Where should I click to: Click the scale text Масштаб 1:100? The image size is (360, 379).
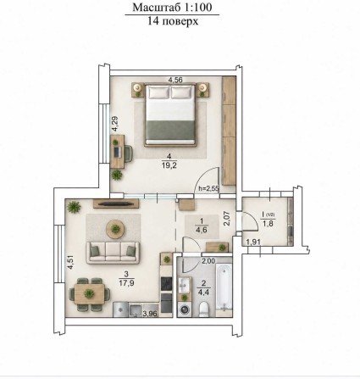pyautogui.click(x=172, y=8)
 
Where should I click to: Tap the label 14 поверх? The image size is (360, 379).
pyautogui.click(x=173, y=21)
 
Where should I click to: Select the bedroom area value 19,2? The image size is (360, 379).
pyautogui.click(x=169, y=165)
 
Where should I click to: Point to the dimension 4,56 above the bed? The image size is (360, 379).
pyautogui.click(x=175, y=80)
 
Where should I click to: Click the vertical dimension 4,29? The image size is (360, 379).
pyautogui.click(x=114, y=124)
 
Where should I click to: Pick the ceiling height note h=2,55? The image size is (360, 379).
pyautogui.click(x=208, y=188)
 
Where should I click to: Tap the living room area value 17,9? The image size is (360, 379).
pyautogui.click(x=126, y=282)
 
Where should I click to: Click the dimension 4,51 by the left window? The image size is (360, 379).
pyautogui.click(x=70, y=262)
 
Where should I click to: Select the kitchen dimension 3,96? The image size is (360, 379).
pyautogui.click(x=150, y=314)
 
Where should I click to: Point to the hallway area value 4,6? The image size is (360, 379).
pyautogui.click(x=202, y=230)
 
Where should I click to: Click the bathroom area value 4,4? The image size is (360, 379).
pyautogui.click(x=203, y=292)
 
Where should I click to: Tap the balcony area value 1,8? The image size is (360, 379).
pyautogui.click(x=268, y=224)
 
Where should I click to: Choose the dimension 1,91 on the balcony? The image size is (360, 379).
pyautogui.click(x=252, y=242)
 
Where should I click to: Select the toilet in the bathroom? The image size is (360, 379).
pyautogui.click(x=203, y=309)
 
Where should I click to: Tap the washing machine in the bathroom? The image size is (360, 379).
pyautogui.click(x=185, y=309)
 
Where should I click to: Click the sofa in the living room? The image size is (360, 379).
pyautogui.click(x=113, y=253)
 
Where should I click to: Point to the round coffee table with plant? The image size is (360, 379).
pyautogui.click(x=115, y=228)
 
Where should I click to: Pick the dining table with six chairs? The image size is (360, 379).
pyautogui.click(x=90, y=294)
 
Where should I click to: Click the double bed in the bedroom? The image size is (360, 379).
pyautogui.click(x=170, y=114)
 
